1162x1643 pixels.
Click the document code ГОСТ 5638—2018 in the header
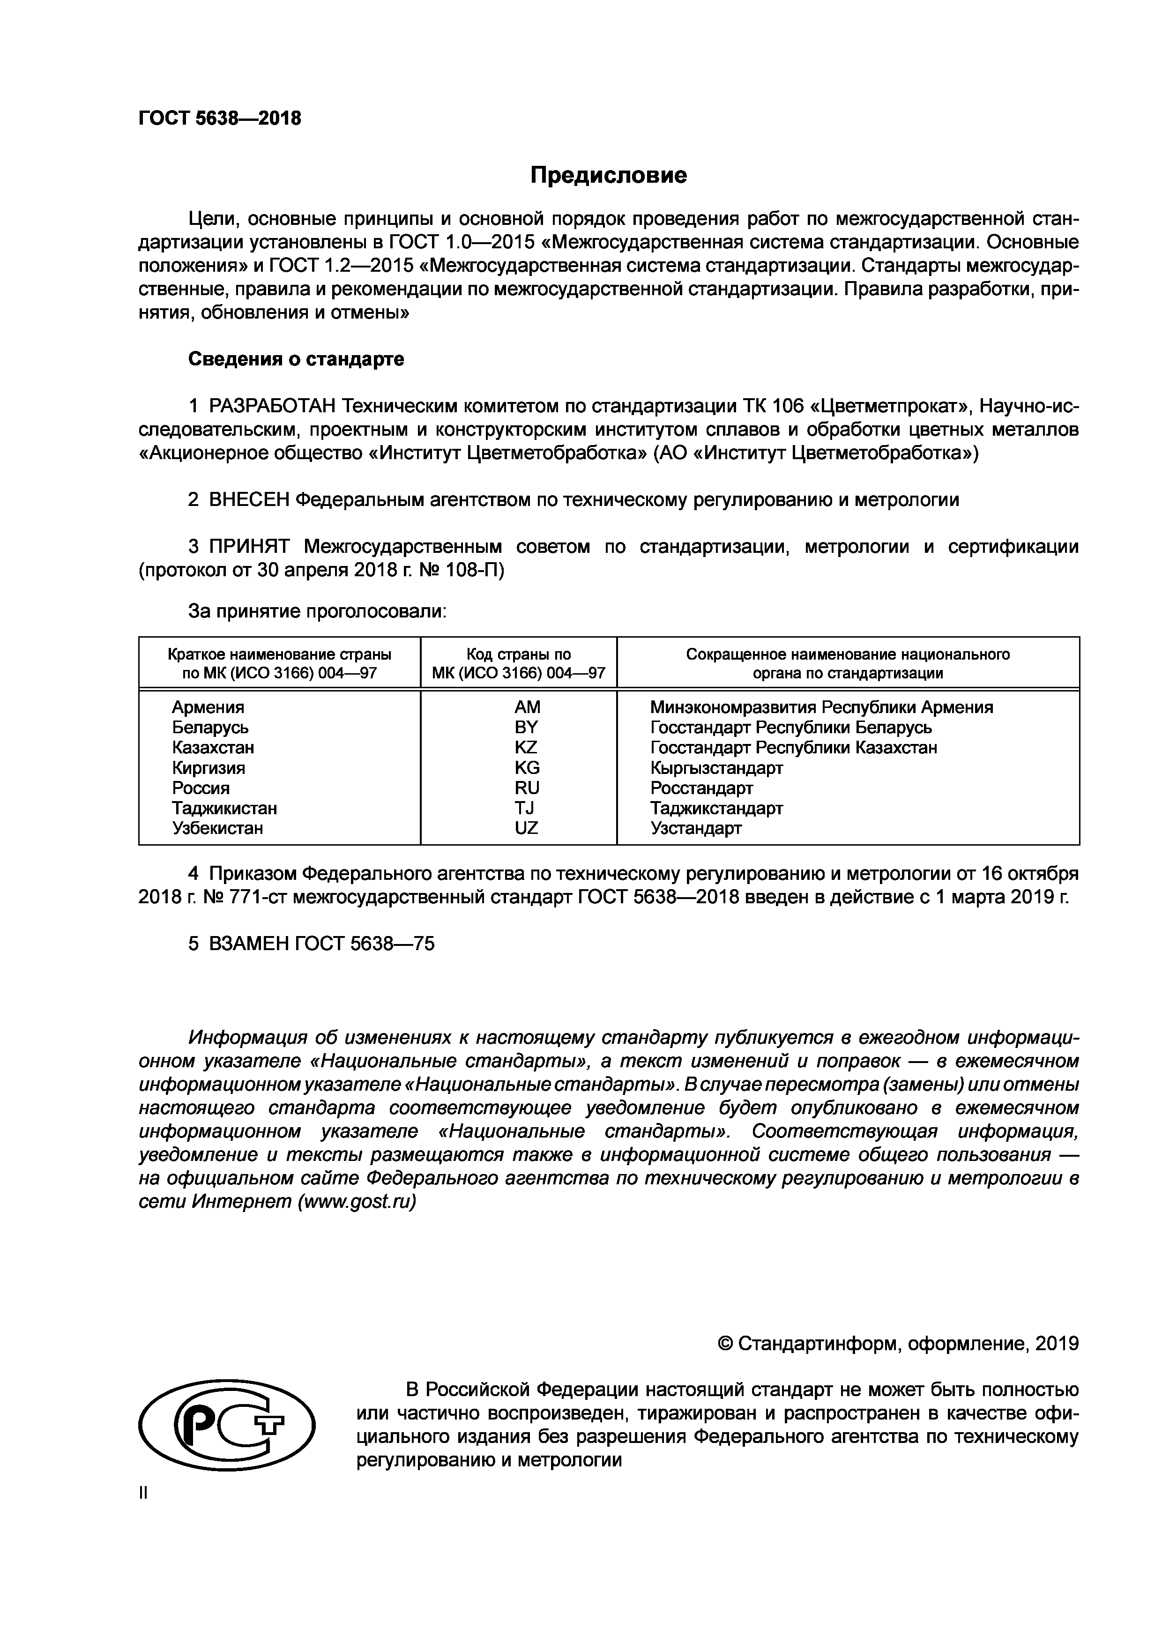coord(220,118)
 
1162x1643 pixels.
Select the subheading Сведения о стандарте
coord(296,359)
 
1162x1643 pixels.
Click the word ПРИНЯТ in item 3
coord(249,547)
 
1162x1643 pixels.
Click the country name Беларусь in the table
coord(210,728)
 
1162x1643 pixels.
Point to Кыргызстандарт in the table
coord(716,768)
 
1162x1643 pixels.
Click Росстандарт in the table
coord(701,788)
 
